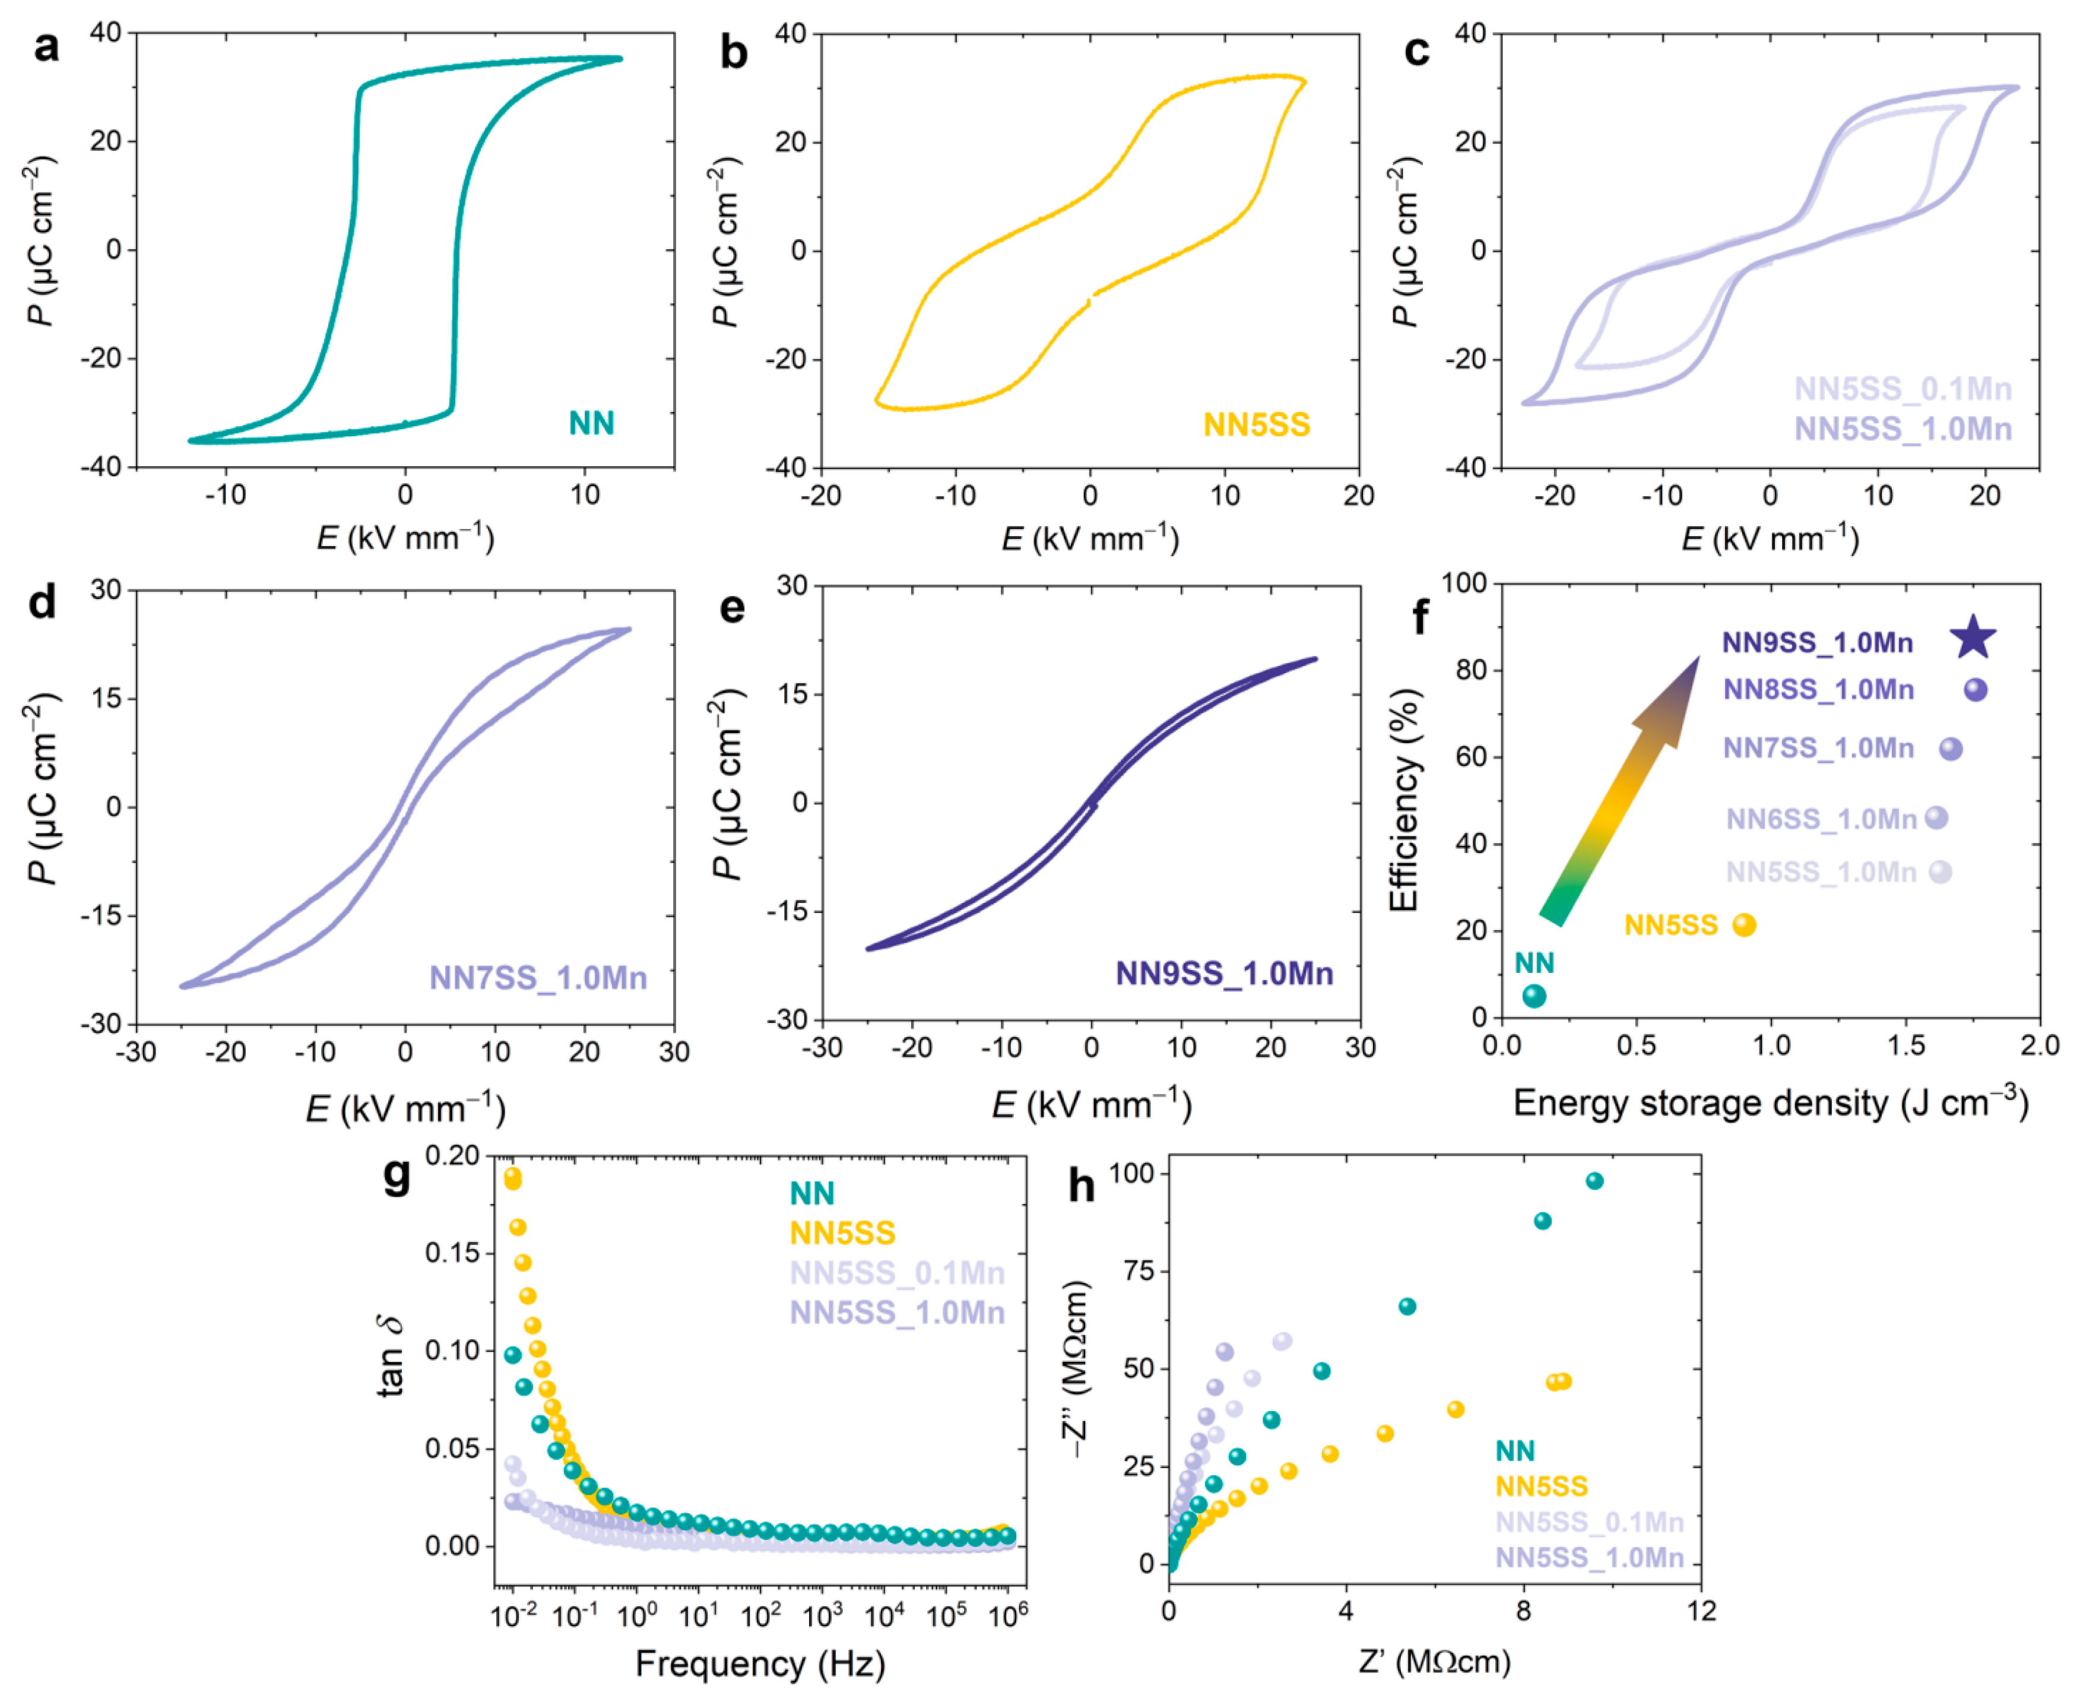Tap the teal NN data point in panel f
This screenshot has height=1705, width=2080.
(1534, 996)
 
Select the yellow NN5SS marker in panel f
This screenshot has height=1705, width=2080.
(1744, 925)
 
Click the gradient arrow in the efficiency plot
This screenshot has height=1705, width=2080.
(1621, 791)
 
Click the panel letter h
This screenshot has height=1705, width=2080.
(1080, 1186)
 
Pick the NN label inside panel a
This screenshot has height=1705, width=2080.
(591, 423)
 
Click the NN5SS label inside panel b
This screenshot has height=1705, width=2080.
(1256, 424)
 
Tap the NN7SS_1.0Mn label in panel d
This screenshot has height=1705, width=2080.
(538, 978)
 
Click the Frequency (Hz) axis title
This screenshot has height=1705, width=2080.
(760, 1665)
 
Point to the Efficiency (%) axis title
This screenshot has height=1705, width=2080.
(1404, 800)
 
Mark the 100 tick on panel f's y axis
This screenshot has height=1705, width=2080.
(1463, 584)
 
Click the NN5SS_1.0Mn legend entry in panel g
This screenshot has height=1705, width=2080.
(896, 1313)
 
